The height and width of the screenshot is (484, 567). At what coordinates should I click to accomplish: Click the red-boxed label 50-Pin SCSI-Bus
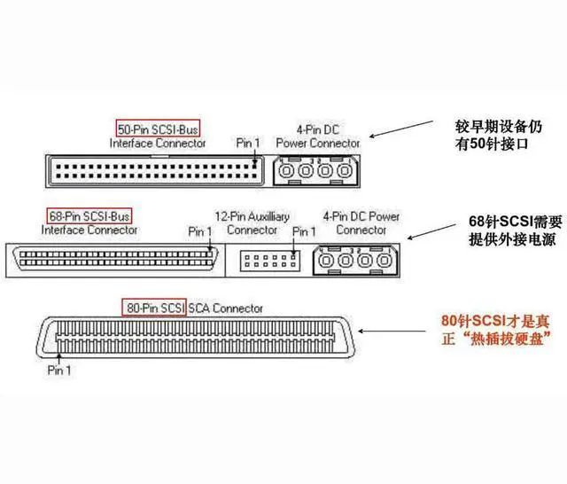[x=159, y=128]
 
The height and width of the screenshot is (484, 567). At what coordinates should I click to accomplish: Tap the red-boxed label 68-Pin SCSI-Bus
[x=88, y=215]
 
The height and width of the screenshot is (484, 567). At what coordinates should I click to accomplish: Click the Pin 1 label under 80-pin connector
[x=59, y=370]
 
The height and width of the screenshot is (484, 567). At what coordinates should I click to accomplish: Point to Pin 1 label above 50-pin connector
[x=248, y=142]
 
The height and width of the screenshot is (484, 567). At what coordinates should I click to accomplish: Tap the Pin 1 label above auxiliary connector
[x=304, y=231]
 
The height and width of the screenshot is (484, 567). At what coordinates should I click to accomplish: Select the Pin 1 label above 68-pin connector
[x=201, y=231]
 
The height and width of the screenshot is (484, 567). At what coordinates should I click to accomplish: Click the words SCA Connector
[x=225, y=308]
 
